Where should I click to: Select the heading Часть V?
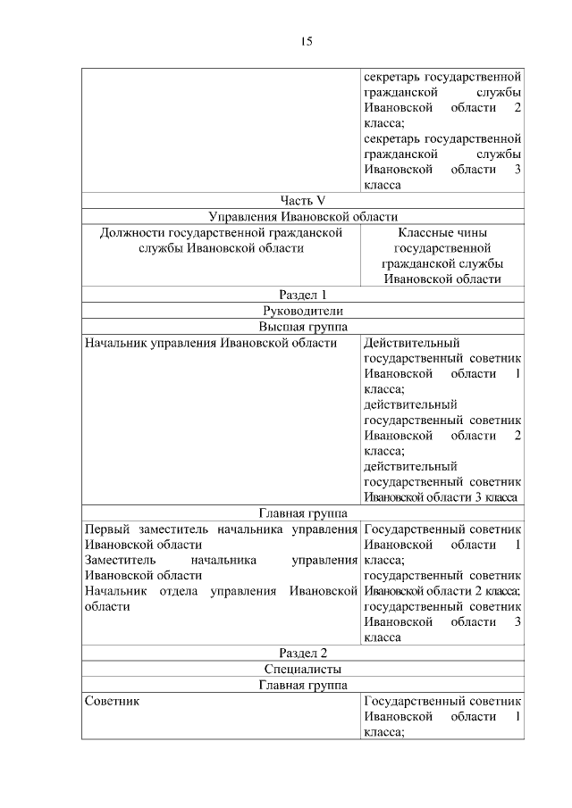[x=302, y=201]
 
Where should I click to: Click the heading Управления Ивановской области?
[x=302, y=216]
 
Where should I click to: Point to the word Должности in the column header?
[x=130, y=232]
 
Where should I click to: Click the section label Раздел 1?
[x=302, y=295]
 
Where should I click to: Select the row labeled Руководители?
[x=302, y=311]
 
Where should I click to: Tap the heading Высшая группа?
[x=302, y=326]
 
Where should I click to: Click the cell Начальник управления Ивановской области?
[x=210, y=342]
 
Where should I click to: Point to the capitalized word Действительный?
[x=412, y=342]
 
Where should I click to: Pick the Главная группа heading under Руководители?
[x=302, y=513]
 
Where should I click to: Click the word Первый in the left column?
[x=105, y=529]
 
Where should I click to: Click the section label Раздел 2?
[x=302, y=654]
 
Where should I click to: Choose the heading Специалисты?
[x=302, y=669]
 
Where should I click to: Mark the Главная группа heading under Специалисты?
[x=302, y=685]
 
